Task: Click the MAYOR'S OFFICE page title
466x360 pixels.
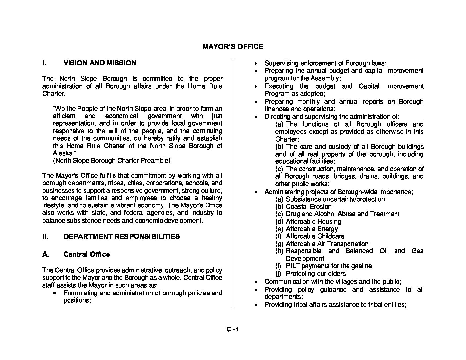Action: pos(233,47)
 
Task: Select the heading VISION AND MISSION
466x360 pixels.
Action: pos(100,63)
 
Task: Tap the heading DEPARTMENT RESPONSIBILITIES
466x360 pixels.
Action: pos(121,237)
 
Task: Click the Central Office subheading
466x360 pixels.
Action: pos(86,254)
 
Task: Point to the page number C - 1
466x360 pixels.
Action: pos(233,330)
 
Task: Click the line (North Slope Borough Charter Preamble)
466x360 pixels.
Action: pos(112,161)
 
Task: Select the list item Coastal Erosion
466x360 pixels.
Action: pos(308,207)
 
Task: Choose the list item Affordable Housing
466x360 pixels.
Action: pos(313,222)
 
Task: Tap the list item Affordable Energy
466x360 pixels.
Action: pos(312,229)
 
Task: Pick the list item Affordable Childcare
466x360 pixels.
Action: pos(315,236)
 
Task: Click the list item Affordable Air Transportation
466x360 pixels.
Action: pos(327,244)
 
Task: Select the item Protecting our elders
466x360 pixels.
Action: pos(315,274)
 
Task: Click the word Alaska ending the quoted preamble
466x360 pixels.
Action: pos(63,154)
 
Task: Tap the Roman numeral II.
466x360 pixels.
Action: pos(46,237)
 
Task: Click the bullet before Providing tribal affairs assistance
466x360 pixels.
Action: pos(256,305)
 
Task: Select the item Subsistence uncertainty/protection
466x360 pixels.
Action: pos(335,199)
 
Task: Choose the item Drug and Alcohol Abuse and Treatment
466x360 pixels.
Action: pos(343,214)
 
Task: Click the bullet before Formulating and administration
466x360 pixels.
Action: pos(54,293)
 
